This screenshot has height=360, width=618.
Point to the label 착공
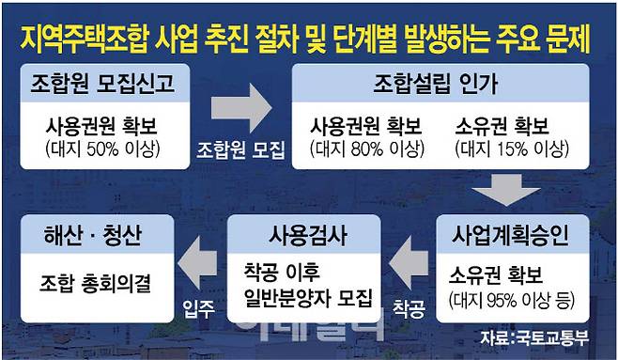tap(409, 306)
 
